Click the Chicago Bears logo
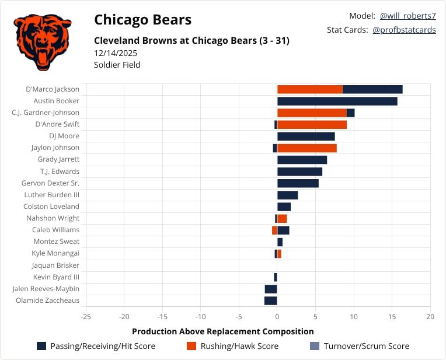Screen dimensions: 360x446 (41, 42)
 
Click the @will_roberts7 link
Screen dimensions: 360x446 (407, 16)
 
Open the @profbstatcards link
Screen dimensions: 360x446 (404, 30)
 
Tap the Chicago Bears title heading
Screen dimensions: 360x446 (142, 20)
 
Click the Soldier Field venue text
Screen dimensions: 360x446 (117, 65)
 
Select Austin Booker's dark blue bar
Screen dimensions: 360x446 (337, 101)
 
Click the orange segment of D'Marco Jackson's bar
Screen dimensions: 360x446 (309, 89)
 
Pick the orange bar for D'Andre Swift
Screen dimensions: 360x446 (312, 124)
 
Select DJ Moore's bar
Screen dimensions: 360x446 (306, 136)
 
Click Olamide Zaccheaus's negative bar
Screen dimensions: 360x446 (270, 300)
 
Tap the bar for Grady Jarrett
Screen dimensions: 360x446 (302, 159)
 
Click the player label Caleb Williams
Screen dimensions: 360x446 (57, 230)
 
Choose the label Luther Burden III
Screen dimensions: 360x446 (51, 195)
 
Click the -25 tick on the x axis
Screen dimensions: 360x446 (86, 317)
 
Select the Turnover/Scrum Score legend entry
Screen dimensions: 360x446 (359, 346)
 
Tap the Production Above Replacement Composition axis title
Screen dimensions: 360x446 (223, 331)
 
